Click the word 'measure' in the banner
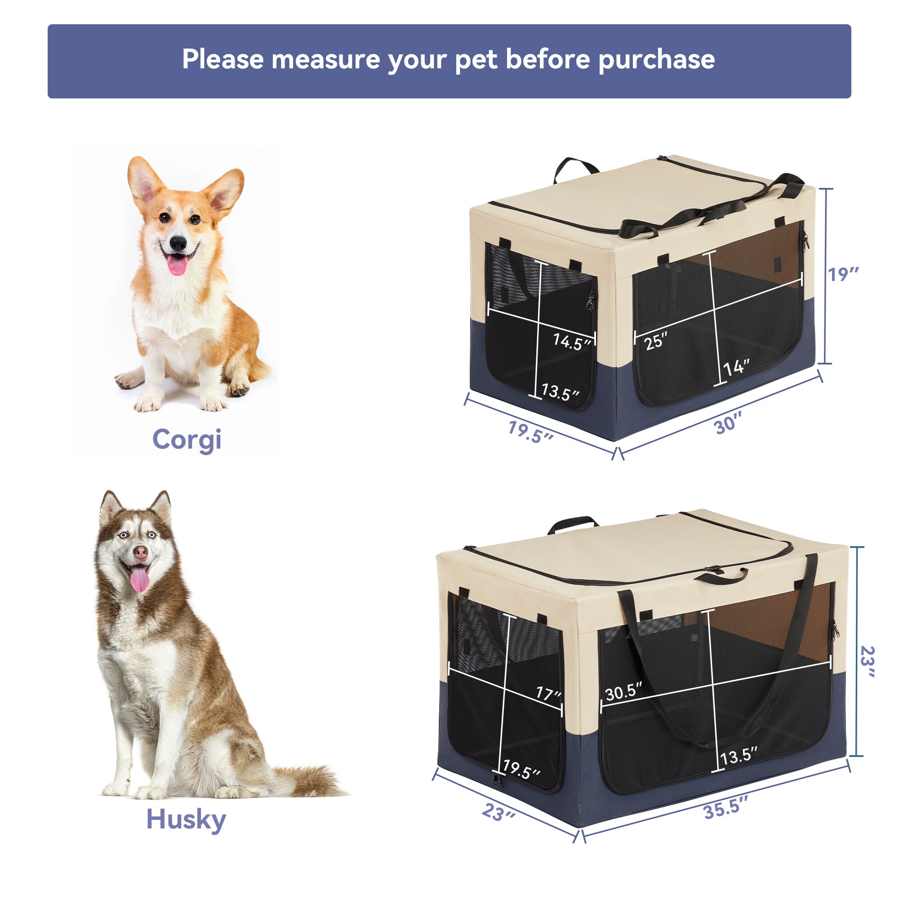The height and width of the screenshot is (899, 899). (325, 60)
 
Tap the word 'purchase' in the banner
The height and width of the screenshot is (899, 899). (656, 60)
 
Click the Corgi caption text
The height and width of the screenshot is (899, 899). (187, 440)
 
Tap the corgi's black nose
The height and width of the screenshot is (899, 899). (178, 242)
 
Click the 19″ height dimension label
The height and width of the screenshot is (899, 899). (842, 275)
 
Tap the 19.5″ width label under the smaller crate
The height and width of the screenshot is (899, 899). (530, 432)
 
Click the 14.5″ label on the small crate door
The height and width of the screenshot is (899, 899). (571, 342)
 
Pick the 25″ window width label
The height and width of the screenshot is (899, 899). (656, 341)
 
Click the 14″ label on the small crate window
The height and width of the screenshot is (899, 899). (736, 368)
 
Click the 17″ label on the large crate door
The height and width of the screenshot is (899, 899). (548, 693)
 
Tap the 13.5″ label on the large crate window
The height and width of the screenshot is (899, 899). (739, 756)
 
